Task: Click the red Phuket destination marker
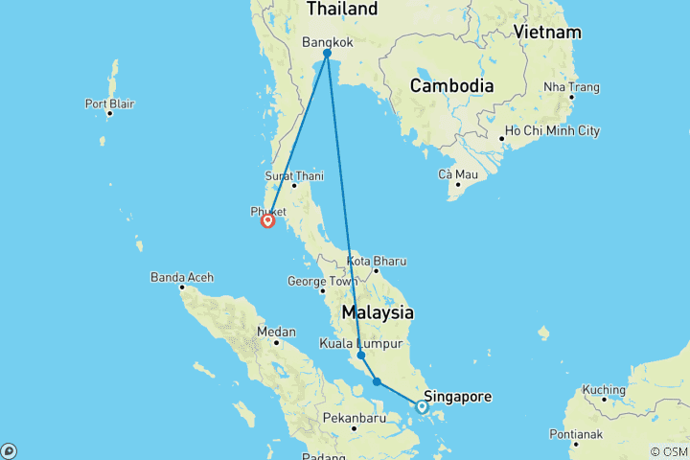click(267, 221)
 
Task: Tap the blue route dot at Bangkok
click(327, 54)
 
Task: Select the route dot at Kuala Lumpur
click(361, 356)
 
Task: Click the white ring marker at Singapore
click(422, 407)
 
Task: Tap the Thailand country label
click(341, 9)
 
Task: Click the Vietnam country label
click(547, 33)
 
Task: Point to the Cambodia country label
click(451, 86)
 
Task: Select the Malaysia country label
click(378, 313)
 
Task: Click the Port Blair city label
click(108, 103)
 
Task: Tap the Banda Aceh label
click(181, 278)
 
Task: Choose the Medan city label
click(276, 333)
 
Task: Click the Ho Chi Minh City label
click(552, 130)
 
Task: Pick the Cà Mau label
click(457, 174)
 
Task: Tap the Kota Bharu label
click(377, 261)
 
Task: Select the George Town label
click(321, 282)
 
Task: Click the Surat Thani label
click(294, 176)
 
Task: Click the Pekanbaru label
click(354, 419)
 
